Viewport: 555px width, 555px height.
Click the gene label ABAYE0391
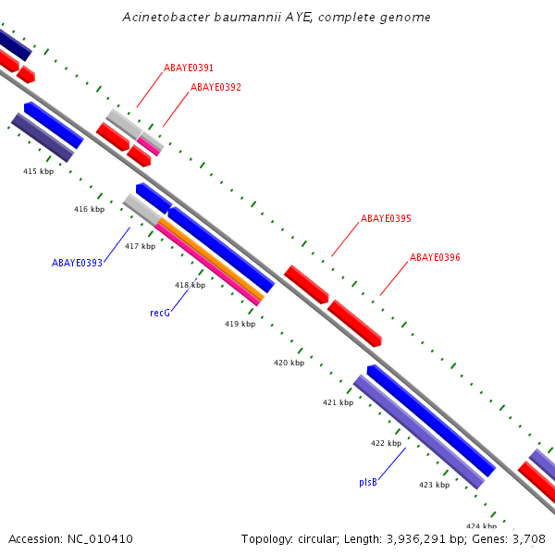click(x=189, y=68)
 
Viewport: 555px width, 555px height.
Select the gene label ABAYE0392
click(x=216, y=88)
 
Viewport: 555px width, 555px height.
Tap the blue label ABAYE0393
click(x=77, y=263)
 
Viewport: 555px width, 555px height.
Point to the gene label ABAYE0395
click(x=386, y=219)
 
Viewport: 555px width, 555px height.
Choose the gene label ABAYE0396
click(x=435, y=257)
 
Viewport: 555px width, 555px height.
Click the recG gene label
click(x=160, y=314)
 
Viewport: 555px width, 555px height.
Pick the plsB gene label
click(x=368, y=483)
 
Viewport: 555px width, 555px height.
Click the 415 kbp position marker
click(x=39, y=171)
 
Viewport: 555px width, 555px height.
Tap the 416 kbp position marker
click(x=89, y=210)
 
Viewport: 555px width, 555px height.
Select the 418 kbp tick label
click(x=190, y=285)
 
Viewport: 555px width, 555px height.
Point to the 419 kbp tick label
click(x=240, y=324)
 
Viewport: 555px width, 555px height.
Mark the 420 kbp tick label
click(x=289, y=364)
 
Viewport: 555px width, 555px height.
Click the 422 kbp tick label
click(x=386, y=444)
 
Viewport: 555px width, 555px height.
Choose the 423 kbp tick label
click(x=434, y=485)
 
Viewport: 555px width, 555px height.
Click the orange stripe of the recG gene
click(x=213, y=260)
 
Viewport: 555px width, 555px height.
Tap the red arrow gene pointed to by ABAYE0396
click(x=355, y=324)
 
